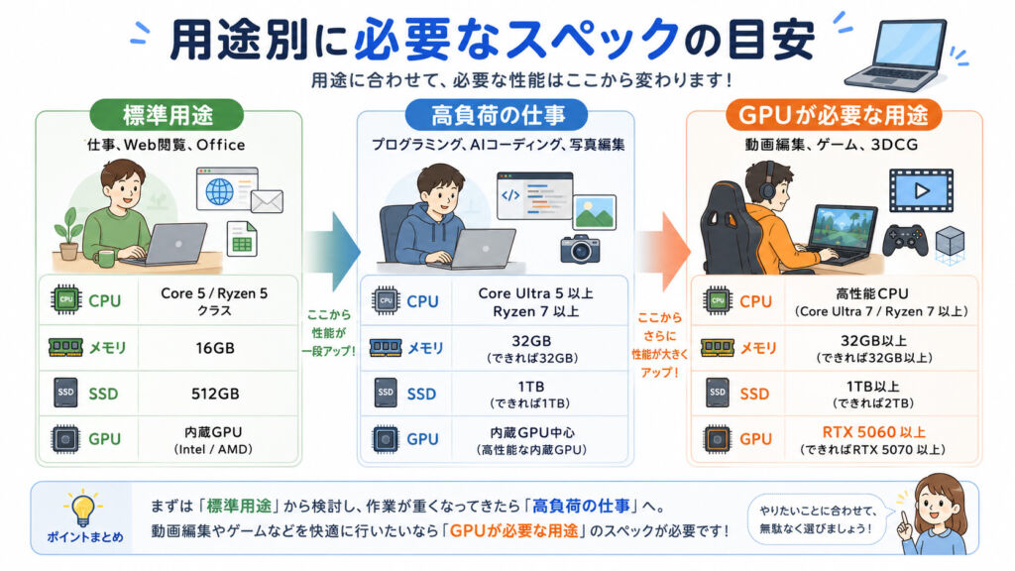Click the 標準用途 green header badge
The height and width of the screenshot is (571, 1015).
click(x=167, y=115)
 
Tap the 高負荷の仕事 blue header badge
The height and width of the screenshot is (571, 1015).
click(x=497, y=115)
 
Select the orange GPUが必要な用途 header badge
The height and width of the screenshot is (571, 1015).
click(x=833, y=115)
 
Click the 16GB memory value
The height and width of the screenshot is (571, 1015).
click(x=215, y=348)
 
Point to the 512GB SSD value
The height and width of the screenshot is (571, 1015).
click(x=215, y=394)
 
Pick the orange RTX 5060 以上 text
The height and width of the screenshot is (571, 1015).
click(x=874, y=432)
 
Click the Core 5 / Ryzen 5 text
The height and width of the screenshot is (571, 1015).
click(x=214, y=293)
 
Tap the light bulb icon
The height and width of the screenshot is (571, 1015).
click(x=83, y=509)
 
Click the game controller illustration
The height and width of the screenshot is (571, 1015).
click(x=905, y=240)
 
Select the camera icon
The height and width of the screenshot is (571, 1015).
click(x=579, y=249)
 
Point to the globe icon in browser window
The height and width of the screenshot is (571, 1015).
click(x=219, y=191)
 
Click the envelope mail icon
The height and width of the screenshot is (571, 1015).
click(x=267, y=201)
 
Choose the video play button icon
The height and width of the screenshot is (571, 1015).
click(x=921, y=191)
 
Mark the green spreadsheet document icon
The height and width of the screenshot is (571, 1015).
click(x=242, y=238)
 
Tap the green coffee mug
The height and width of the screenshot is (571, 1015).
click(x=103, y=259)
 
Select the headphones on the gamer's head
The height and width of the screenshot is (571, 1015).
click(x=768, y=181)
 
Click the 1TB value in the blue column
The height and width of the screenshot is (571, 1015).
click(x=531, y=387)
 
